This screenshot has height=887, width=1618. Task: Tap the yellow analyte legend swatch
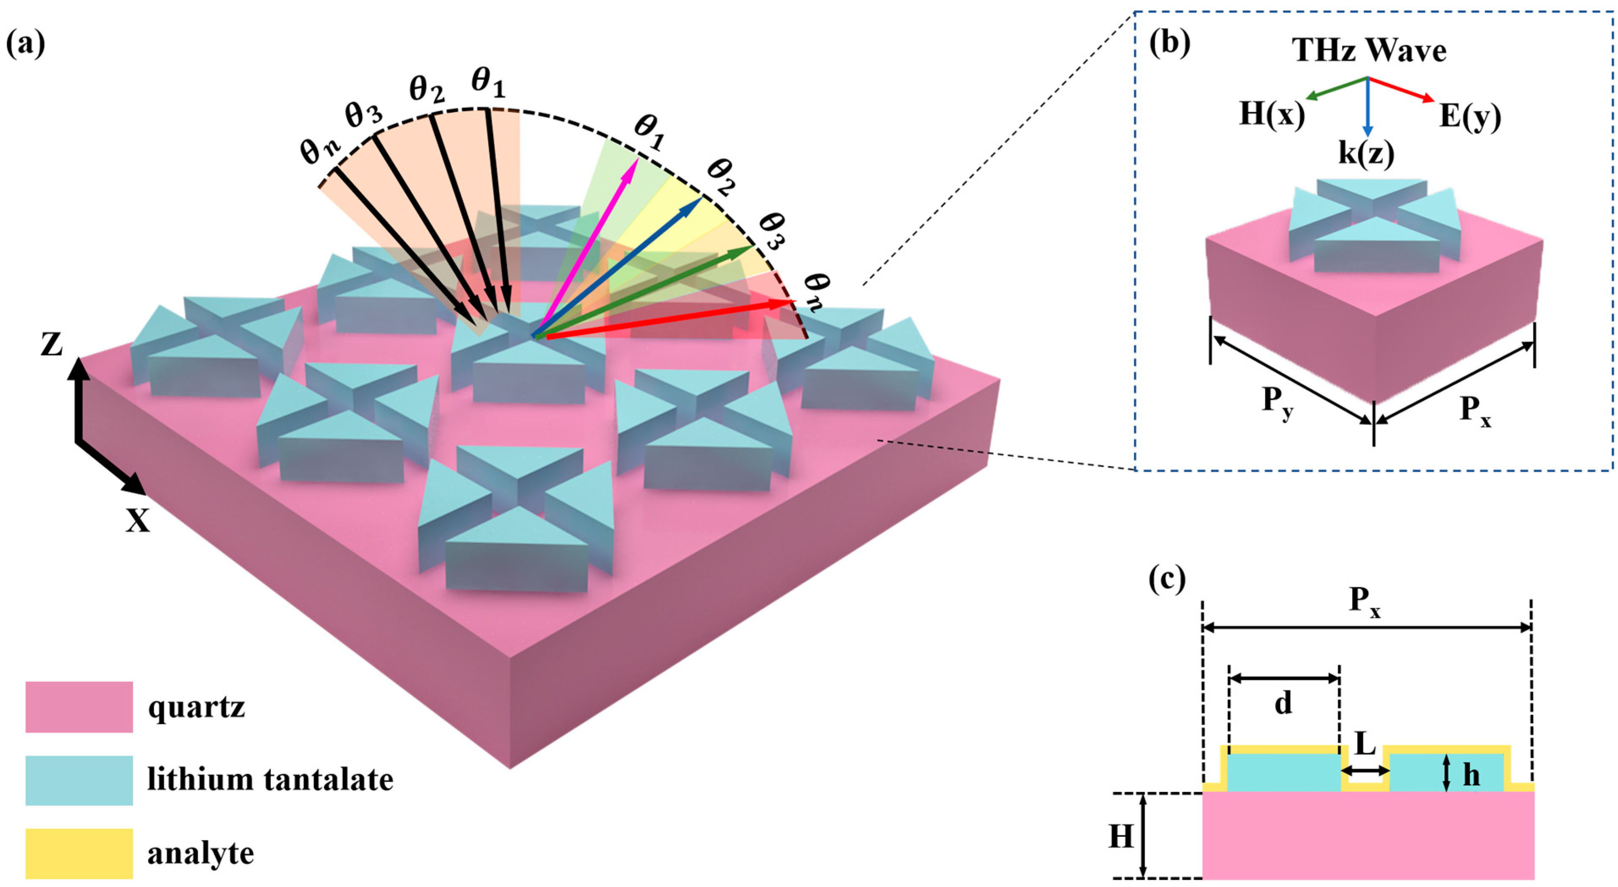tap(79, 853)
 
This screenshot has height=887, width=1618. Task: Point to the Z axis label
tap(52, 345)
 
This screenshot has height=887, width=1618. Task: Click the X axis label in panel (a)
tap(137, 520)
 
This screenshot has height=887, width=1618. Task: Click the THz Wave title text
tap(1369, 50)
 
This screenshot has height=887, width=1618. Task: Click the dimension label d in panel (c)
tap(1283, 704)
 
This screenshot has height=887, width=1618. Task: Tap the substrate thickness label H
tap(1121, 837)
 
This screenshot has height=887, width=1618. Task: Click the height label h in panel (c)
tap(1471, 775)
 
